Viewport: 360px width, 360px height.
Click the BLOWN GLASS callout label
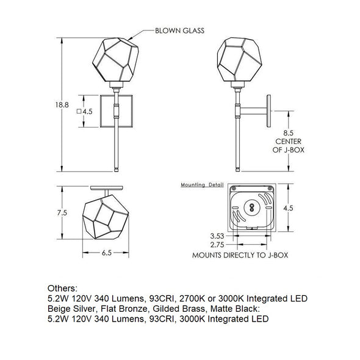coord(179,31)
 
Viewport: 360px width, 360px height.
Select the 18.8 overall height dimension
coord(62,105)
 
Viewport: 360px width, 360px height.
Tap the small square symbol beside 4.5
coord(79,111)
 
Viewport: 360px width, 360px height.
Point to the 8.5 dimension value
coord(288,133)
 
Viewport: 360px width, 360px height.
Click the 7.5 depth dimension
coord(62,213)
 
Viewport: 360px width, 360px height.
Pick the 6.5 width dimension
coord(107,253)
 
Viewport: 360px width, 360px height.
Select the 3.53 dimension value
coord(217,236)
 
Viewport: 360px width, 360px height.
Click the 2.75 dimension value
coord(217,245)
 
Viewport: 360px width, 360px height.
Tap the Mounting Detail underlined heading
coord(202,185)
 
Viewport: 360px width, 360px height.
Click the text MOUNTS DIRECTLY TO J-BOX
coord(240,255)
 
